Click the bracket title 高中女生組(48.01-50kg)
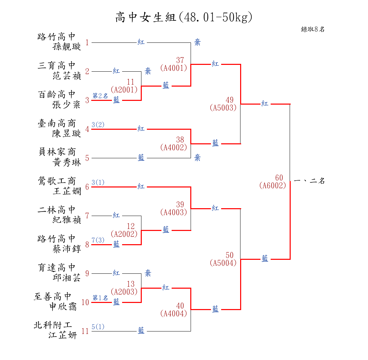click(x=184, y=17)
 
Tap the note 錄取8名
click(x=313, y=29)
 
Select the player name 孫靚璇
click(x=67, y=47)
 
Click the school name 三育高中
click(x=57, y=65)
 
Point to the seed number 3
click(x=87, y=100)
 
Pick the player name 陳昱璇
click(x=67, y=133)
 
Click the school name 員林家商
click(x=57, y=152)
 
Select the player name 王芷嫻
click(x=67, y=191)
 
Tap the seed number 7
click(x=87, y=216)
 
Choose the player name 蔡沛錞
click(x=67, y=249)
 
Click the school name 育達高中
click(x=57, y=267)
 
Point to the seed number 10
click(x=85, y=302)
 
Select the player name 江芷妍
click(x=63, y=336)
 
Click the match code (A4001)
click(x=174, y=68)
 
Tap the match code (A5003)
click(x=223, y=108)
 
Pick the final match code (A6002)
click(x=273, y=186)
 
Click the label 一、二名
click(x=309, y=181)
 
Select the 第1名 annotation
click(x=100, y=298)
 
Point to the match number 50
click(x=230, y=255)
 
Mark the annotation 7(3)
click(x=98, y=240)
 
